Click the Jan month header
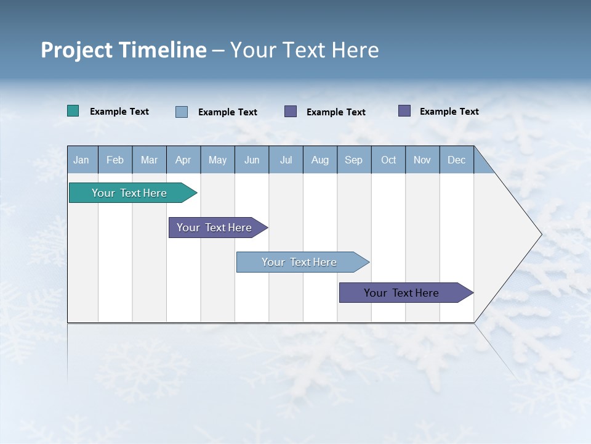(x=81, y=160)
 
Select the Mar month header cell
(x=149, y=160)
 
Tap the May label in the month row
(x=217, y=160)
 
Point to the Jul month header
(x=286, y=160)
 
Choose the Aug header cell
(x=320, y=160)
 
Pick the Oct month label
(x=388, y=160)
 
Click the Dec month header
(x=456, y=160)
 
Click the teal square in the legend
(x=73, y=111)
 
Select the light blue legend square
(x=182, y=112)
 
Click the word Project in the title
(x=77, y=50)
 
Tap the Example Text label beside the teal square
(x=119, y=112)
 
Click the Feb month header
(x=115, y=160)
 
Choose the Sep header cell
(x=353, y=160)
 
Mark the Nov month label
(x=422, y=160)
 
